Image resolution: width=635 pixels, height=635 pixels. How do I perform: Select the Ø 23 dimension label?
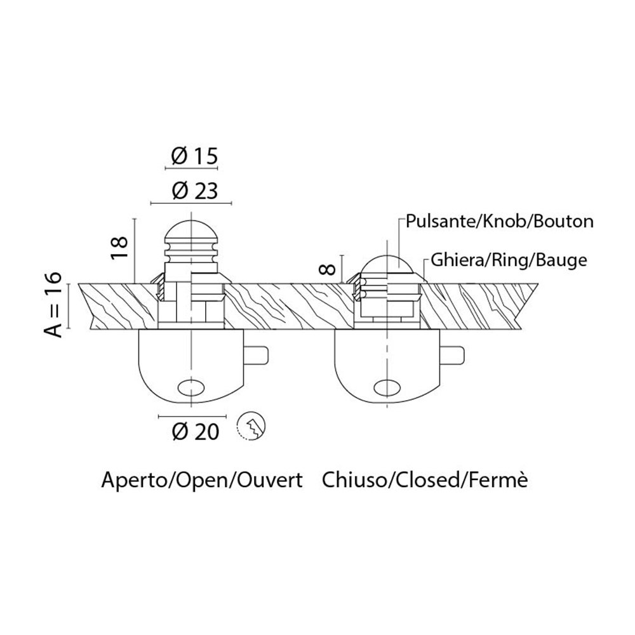tap(192, 190)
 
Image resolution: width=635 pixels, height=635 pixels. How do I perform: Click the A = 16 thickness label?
tap(55, 305)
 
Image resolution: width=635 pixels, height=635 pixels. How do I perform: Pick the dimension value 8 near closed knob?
tap(329, 267)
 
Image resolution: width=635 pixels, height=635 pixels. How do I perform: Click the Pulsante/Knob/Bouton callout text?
tap(500, 221)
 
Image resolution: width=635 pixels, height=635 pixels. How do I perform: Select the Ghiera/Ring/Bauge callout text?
tap(507, 260)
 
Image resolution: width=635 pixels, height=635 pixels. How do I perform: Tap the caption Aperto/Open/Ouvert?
tap(201, 479)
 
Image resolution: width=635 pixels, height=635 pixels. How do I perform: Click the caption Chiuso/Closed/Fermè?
tap(425, 479)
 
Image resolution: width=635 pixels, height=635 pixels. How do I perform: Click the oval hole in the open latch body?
tap(191, 385)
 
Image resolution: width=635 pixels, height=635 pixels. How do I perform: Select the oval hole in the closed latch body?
tap(385, 385)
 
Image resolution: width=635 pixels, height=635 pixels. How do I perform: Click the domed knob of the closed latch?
tap(385, 262)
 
